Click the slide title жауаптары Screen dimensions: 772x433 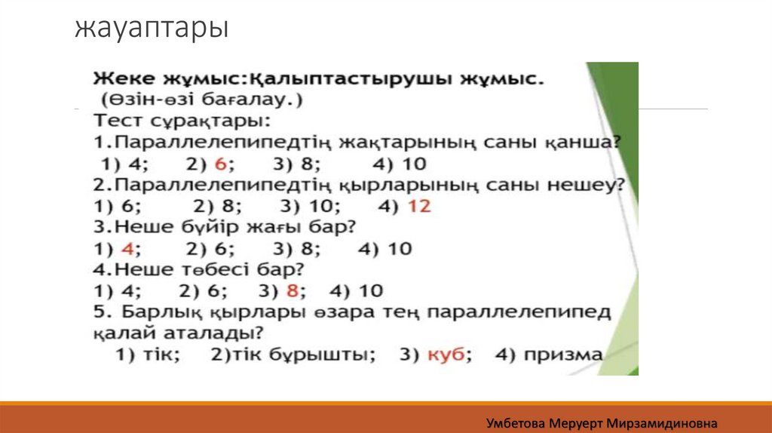coord(152,29)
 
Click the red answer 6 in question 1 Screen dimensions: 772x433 coord(221,164)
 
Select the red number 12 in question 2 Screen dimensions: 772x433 coord(419,206)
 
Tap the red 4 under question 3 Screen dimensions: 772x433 coord(127,249)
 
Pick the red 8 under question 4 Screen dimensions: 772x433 coord(293,290)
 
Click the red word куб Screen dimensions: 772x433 coord(446,355)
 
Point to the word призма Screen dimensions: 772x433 coord(563,355)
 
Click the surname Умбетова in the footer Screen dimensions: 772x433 coord(516,423)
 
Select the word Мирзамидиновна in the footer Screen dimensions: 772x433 coord(662,423)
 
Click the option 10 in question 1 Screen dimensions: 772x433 coord(414,164)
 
